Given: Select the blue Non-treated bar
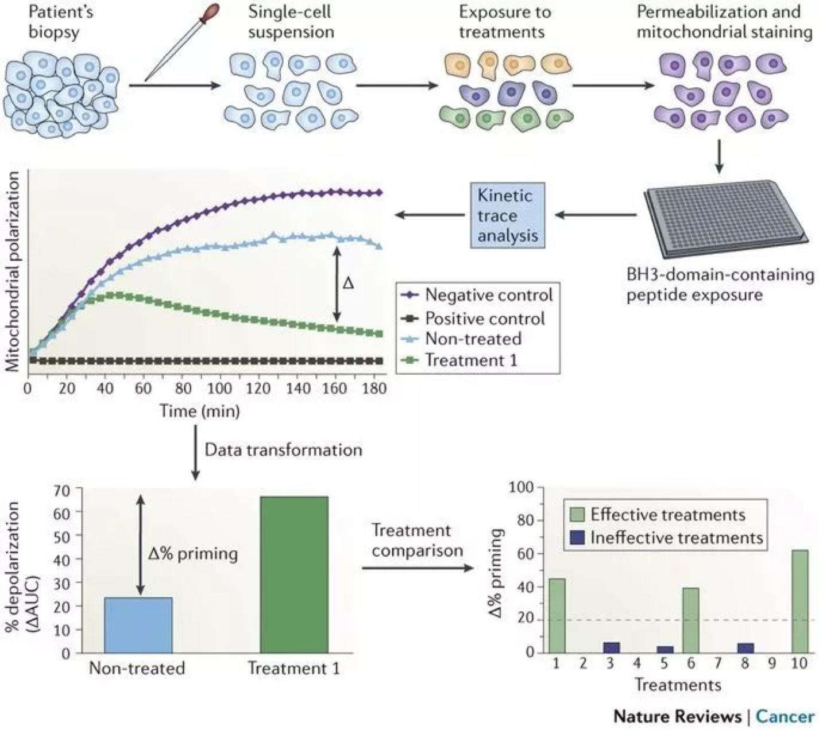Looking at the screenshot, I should [138, 625].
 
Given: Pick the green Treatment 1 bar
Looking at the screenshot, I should [294, 574].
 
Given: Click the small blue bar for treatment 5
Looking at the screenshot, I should [665, 649].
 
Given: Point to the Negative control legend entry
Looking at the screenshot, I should [488, 295].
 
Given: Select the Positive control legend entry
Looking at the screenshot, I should [485, 318].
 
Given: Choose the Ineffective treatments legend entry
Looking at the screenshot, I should [676, 538].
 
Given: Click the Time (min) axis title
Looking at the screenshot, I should [199, 411].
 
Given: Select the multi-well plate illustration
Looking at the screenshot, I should [726, 218].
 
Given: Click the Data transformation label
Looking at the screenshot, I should [284, 449].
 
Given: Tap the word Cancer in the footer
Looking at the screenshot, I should [785, 716].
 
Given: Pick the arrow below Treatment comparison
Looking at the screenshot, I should [416, 568].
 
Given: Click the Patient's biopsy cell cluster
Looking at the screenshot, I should [60, 92].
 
